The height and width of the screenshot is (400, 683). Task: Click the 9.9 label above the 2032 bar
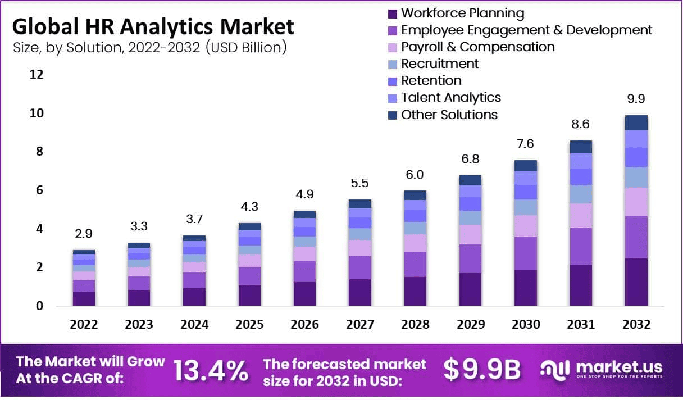[x=636, y=99]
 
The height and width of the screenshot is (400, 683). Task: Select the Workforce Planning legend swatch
[x=393, y=13]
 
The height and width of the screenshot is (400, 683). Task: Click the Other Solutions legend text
[x=449, y=115]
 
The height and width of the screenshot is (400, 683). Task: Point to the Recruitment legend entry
[x=440, y=63]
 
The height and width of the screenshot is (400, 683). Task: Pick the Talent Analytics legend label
[x=451, y=97]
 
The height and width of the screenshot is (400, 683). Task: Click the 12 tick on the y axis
[x=37, y=75]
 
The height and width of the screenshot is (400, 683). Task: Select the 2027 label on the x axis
[x=359, y=325]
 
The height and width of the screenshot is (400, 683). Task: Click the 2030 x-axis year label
[x=526, y=325]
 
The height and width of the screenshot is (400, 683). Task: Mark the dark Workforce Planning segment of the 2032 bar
[x=636, y=282]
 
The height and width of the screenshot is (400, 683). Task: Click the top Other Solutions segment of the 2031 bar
[x=581, y=147]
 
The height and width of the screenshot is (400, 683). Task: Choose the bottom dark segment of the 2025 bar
[x=249, y=296]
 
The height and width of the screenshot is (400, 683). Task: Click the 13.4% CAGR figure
[x=210, y=370]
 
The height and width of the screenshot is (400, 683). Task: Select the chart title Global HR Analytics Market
[x=153, y=26]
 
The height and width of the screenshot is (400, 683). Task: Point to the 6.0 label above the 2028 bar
[x=415, y=174]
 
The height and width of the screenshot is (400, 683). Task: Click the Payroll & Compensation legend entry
[x=477, y=47]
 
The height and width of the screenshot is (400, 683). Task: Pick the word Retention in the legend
[x=431, y=80]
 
